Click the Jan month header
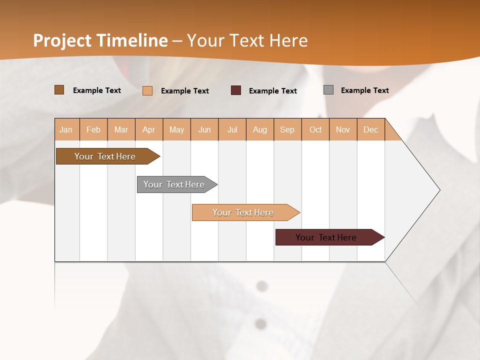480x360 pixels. click(x=66, y=130)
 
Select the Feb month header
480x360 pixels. click(x=93, y=130)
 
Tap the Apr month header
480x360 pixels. click(x=149, y=130)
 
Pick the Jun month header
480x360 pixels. click(x=204, y=130)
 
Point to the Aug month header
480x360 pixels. click(x=260, y=130)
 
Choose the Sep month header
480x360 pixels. click(x=287, y=130)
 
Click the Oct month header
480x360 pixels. click(x=315, y=130)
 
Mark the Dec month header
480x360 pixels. click(x=371, y=130)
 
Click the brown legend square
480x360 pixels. click(x=59, y=90)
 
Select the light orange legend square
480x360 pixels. click(x=147, y=90)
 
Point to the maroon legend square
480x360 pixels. click(x=236, y=90)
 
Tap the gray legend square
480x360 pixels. click(x=328, y=90)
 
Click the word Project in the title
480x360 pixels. click(x=63, y=40)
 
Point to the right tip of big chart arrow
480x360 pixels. click(x=439, y=190)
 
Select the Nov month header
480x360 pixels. click(x=343, y=130)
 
